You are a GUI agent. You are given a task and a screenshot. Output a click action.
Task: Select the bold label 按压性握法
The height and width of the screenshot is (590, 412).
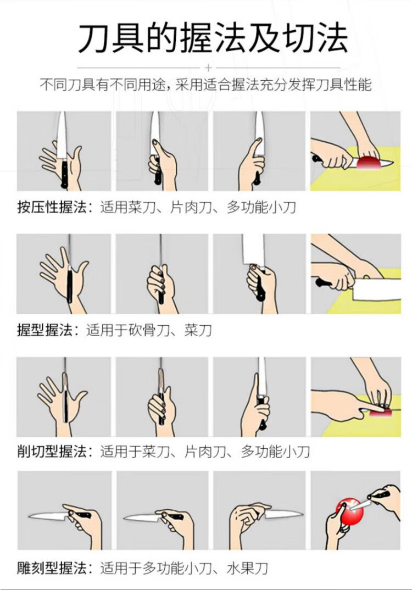[x=52, y=207]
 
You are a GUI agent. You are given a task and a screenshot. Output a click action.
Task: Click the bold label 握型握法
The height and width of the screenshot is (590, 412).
[x=45, y=330]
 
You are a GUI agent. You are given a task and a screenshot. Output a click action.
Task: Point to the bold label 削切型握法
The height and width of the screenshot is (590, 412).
[x=52, y=451]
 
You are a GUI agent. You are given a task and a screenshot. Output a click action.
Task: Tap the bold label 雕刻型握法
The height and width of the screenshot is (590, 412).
[x=52, y=568]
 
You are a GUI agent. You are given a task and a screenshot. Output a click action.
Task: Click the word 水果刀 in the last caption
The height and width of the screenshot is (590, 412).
[x=247, y=568]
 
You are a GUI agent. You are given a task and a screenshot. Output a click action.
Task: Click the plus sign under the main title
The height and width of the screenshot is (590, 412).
[x=209, y=68]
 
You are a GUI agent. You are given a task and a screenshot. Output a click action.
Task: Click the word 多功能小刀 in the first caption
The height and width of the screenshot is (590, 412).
[x=261, y=207]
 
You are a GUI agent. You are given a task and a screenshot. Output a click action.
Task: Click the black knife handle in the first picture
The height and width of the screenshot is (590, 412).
[x=64, y=174]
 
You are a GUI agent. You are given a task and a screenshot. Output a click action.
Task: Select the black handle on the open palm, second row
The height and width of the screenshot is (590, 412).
[x=70, y=284]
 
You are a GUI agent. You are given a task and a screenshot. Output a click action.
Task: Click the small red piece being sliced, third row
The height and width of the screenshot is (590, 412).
[x=381, y=413]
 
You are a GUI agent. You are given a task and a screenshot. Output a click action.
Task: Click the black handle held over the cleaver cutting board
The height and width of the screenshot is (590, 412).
[x=323, y=282]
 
